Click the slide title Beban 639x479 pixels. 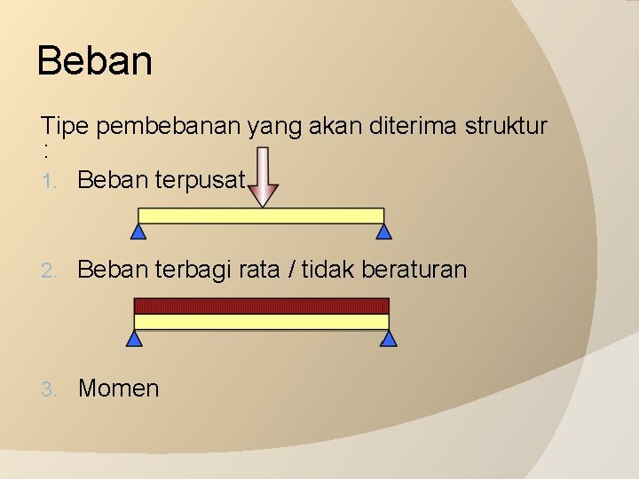point(95,62)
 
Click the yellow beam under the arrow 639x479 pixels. point(261,216)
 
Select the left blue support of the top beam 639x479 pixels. point(138,232)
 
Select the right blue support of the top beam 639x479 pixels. point(383,232)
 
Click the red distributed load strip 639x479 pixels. point(261,306)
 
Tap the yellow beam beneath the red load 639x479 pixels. point(261,322)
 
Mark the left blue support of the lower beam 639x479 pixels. point(134,338)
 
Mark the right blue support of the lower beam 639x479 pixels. point(388,338)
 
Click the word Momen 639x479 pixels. point(119,389)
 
